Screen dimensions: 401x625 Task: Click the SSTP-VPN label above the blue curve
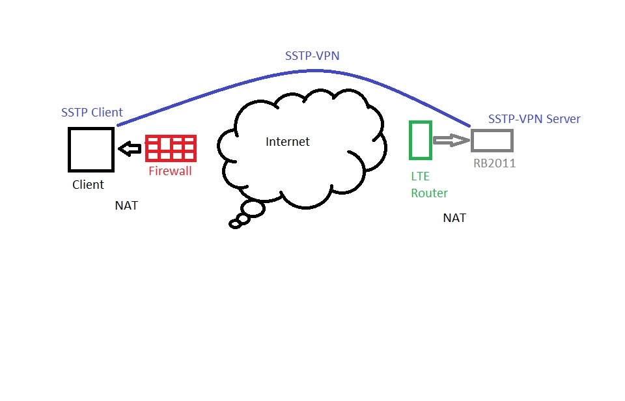coord(312,57)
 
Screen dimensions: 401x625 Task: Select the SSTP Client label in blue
coord(92,113)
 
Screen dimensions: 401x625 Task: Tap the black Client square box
coord(91,149)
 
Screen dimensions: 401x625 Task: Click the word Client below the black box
coord(88,185)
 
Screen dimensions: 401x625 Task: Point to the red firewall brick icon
coord(170,148)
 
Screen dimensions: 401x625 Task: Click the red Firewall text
coord(170,172)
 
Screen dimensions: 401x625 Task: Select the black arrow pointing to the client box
coord(130,149)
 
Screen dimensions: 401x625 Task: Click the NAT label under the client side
coord(126,206)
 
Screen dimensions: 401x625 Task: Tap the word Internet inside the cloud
coord(287,141)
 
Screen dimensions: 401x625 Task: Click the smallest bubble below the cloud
coord(235,224)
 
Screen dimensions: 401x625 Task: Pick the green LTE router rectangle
coord(420,139)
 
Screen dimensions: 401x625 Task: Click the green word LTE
coord(420,176)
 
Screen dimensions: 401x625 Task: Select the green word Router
coord(429,193)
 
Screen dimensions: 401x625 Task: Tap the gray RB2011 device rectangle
coord(492,141)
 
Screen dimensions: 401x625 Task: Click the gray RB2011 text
coord(494,163)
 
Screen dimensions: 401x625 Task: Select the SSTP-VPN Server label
coord(534,119)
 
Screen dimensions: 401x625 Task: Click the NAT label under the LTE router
coord(454,218)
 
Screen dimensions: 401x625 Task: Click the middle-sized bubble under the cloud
coord(243,219)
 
